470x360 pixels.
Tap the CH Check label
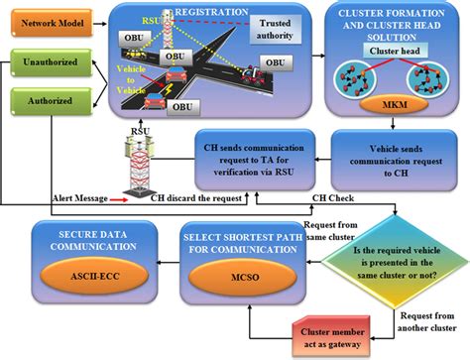pos(330,198)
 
